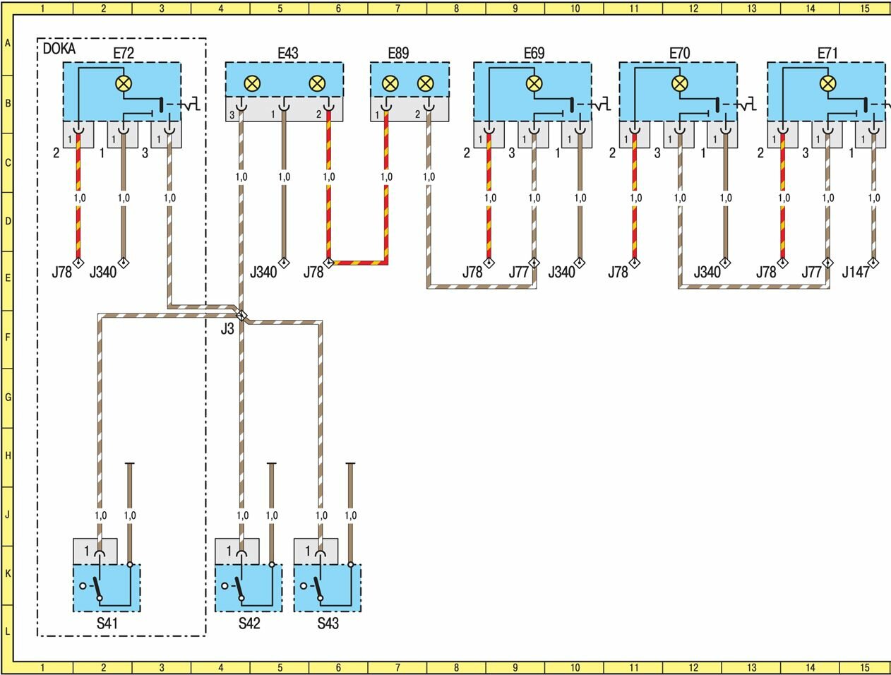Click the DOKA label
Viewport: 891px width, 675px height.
point(59,49)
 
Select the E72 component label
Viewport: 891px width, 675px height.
point(123,53)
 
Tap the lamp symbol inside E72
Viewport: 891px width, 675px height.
point(124,83)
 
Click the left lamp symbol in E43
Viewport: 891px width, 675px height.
point(251,84)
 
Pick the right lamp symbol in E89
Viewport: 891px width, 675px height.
point(424,84)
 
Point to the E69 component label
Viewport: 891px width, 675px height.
point(534,53)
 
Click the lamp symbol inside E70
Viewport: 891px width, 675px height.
point(679,83)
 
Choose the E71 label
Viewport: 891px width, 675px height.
point(827,53)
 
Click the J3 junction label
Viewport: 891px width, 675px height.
point(227,328)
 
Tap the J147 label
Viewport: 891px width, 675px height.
point(855,273)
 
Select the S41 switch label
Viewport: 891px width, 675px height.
point(108,623)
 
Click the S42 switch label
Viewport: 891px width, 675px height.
point(249,623)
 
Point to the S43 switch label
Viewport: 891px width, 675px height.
point(328,623)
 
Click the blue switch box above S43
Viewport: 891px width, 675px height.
point(328,587)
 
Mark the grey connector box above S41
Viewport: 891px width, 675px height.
point(95,551)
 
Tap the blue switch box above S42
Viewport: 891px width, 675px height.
point(249,587)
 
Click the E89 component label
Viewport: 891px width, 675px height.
point(398,53)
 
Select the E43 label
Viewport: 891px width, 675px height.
point(287,53)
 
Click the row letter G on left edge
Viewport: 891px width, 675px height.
point(8,397)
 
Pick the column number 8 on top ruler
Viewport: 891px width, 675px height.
point(456,8)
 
